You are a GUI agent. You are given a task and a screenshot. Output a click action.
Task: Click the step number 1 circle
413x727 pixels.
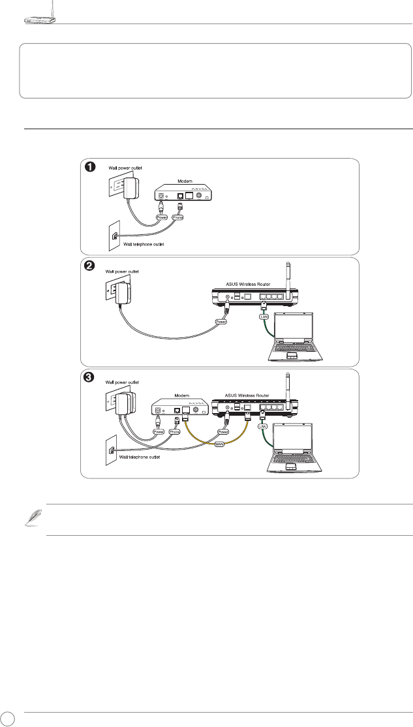pyautogui.click(x=93, y=167)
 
